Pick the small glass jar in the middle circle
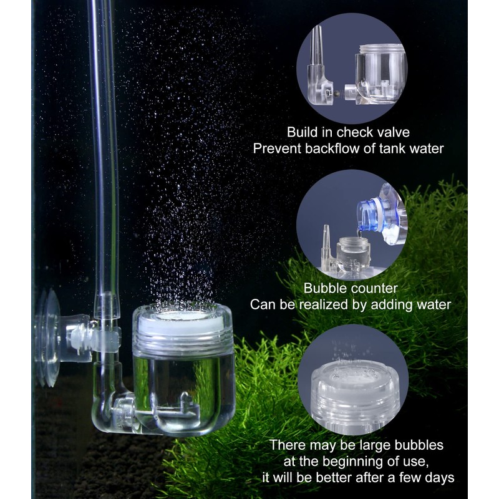point(353,256)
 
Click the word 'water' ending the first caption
point(424,148)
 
